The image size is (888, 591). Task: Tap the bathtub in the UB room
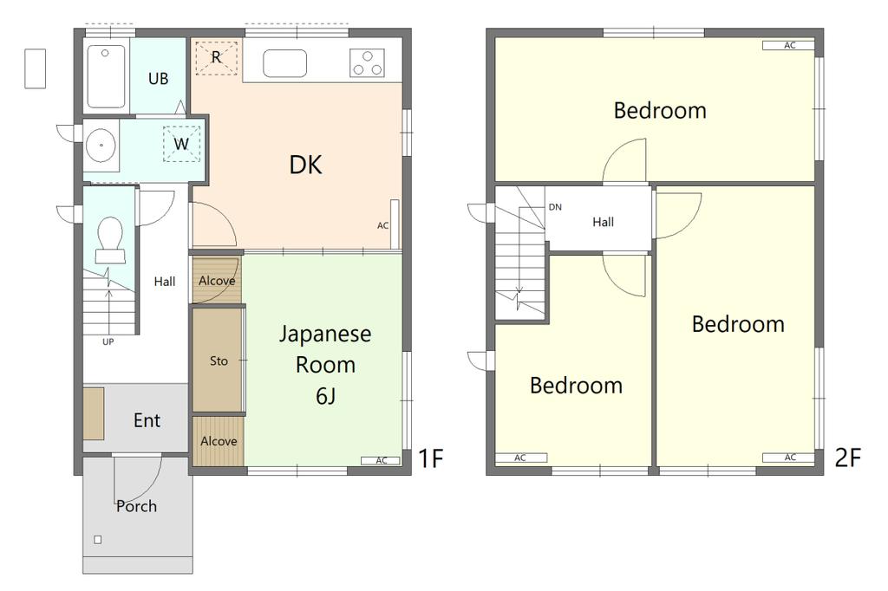(106, 76)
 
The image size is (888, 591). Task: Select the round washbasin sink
(101, 145)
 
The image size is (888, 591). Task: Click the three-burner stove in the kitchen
(367, 63)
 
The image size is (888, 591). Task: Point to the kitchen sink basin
(284, 63)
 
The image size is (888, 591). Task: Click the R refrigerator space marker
(216, 57)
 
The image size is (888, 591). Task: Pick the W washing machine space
(181, 144)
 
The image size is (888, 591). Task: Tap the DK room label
(306, 165)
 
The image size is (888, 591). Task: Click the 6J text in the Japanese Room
(326, 396)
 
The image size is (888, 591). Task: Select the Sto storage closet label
(219, 360)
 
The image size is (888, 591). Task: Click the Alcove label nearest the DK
(217, 280)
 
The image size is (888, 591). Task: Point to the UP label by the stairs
(108, 342)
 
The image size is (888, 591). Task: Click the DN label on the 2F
(555, 207)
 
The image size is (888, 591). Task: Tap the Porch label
(136, 506)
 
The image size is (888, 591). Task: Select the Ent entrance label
(147, 420)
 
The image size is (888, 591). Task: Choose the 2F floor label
(848, 458)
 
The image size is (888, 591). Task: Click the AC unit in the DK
(395, 224)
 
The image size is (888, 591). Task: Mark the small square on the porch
(98, 540)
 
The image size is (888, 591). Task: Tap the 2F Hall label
(604, 222)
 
